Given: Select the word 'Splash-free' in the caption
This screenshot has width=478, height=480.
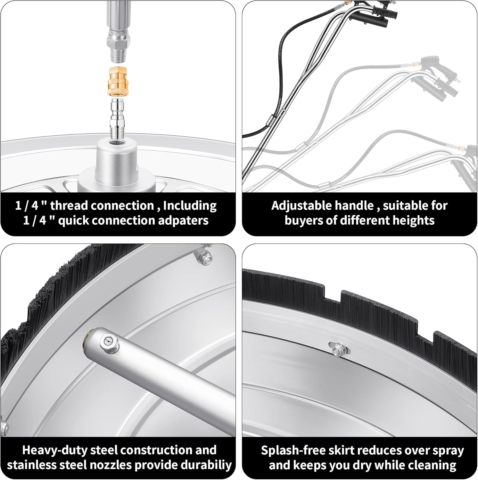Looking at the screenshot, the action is click(x=291, y=451).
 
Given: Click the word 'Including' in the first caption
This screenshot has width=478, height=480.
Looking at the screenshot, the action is click(x=190, y=206).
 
